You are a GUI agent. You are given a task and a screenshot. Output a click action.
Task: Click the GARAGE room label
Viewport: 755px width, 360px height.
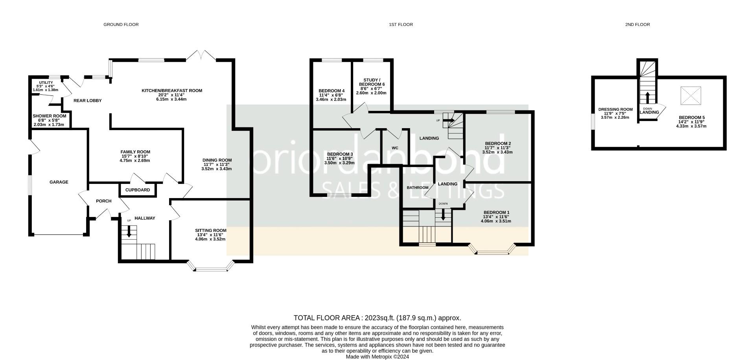click(59, 182)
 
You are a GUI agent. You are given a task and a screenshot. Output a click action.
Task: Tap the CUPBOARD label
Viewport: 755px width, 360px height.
click(138, 190)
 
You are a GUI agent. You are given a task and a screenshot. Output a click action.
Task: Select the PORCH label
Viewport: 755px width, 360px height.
click(104, 201)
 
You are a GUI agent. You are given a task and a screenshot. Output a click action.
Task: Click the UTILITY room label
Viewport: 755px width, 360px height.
click(46, 83)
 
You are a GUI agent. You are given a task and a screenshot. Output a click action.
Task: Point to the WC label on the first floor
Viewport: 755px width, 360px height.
click(395, 148)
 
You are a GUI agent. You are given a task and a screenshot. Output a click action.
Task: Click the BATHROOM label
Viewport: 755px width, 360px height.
click(418, 187)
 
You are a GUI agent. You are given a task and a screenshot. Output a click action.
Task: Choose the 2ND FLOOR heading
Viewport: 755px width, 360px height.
click(637, 24)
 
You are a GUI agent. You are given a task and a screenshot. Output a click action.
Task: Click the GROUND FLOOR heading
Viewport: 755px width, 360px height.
click(121, 24)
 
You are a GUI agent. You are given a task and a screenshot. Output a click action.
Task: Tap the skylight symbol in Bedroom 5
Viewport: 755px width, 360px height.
click(691, 96)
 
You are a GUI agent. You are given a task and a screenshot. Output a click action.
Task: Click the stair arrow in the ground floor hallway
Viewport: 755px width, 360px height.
click(128, 232)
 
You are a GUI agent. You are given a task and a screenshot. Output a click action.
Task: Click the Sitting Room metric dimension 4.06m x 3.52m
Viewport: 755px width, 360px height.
click(211, 239)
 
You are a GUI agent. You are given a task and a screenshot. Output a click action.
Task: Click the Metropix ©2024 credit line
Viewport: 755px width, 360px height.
click(377, 357)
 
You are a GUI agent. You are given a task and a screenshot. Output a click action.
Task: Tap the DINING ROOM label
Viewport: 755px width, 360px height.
click(217, 160)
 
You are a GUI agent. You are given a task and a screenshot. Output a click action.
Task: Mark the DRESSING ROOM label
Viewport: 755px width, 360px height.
click(615, 109)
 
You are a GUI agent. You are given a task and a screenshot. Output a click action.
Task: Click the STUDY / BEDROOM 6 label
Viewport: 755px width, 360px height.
click(372, 82)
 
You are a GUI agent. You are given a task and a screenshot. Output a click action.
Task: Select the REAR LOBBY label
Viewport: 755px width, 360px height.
click(88, 101)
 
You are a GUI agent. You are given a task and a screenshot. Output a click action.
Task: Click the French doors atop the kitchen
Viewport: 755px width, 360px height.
click(201, 55)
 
